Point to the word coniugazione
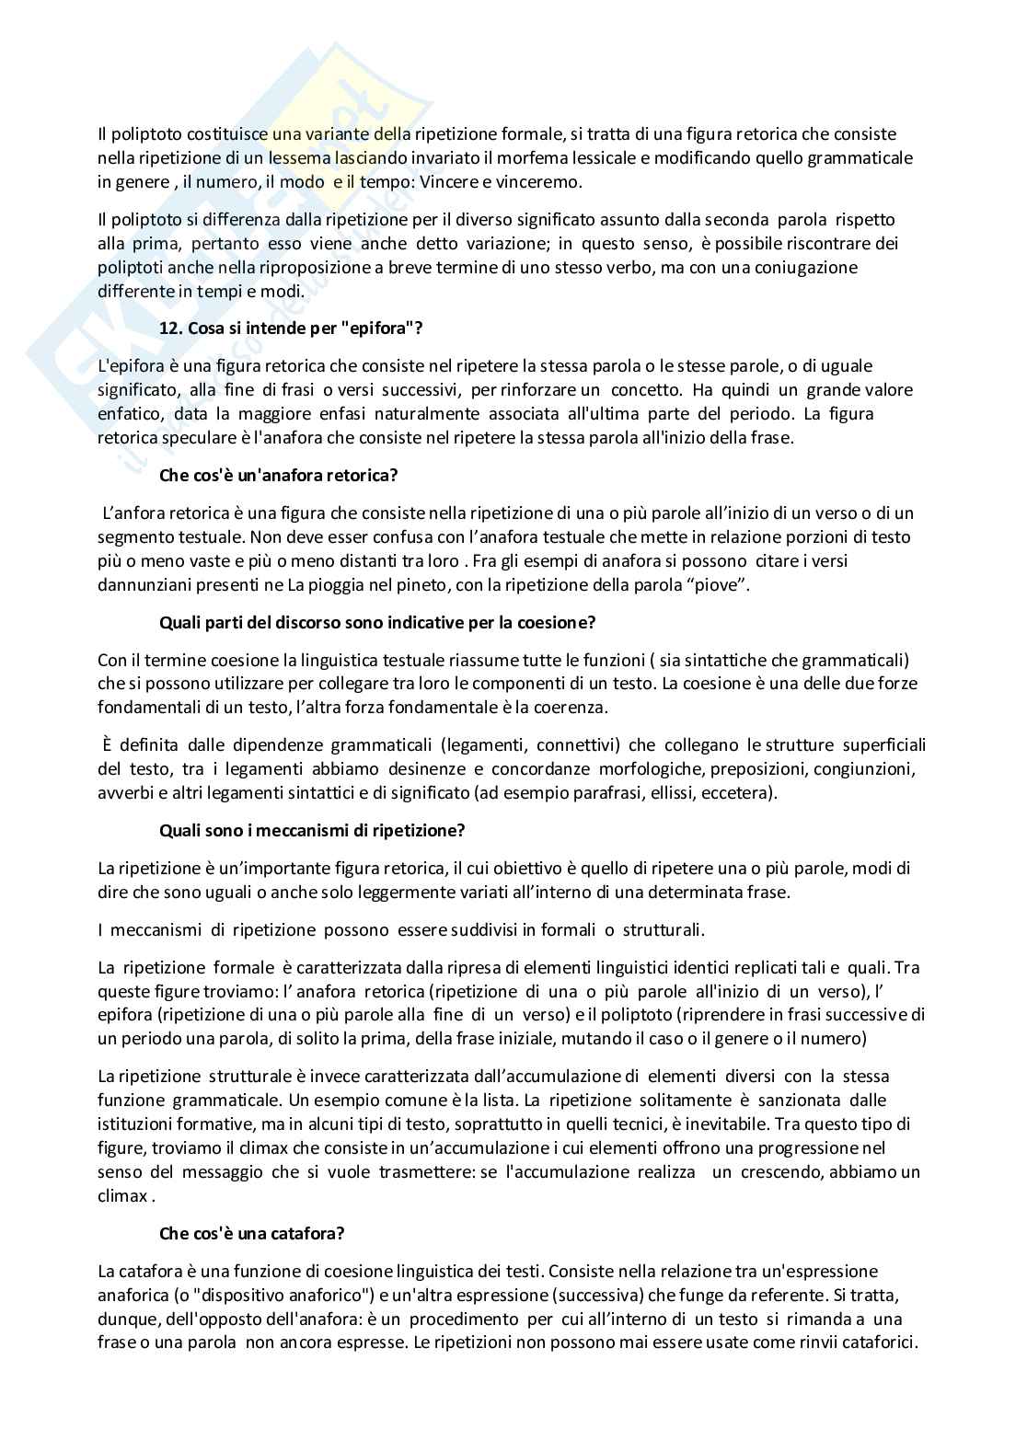814,267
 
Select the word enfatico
129,413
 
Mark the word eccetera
740,792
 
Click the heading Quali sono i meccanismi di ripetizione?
312,830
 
